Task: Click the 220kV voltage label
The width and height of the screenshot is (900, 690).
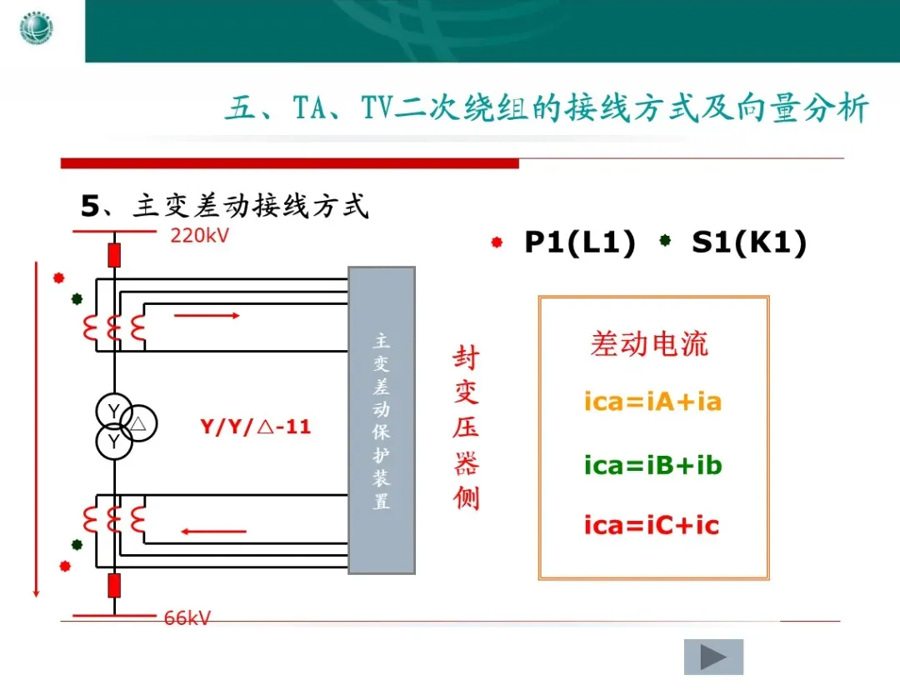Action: coord(199,235)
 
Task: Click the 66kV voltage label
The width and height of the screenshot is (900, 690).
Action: coord(187,617)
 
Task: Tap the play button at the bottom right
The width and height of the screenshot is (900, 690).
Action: coord(713,657)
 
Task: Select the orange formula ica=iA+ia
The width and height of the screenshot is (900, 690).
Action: coord(652,402)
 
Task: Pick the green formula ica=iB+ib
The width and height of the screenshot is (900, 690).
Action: coord(652,465)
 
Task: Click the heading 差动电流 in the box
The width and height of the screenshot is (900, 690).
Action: coord(649,344)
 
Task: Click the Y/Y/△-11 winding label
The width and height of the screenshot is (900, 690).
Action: coord(255,427)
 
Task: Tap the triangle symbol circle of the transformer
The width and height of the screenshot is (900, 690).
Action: coord(139,423)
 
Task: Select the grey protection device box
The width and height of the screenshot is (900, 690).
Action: coord(381,420)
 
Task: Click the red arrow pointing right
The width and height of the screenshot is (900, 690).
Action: coord(207,315)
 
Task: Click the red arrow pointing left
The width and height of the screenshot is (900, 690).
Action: coord(214,531)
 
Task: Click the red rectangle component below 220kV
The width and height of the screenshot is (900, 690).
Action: coord(114,254)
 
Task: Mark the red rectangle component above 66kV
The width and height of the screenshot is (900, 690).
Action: coord(114,585)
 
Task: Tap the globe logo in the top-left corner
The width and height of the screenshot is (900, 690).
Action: coord(37,31)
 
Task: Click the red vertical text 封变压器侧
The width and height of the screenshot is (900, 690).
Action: coord(466,428)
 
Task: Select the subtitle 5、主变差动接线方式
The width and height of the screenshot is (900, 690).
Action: coord(225,206)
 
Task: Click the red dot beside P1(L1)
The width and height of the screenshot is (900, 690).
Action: coord(497,242)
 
